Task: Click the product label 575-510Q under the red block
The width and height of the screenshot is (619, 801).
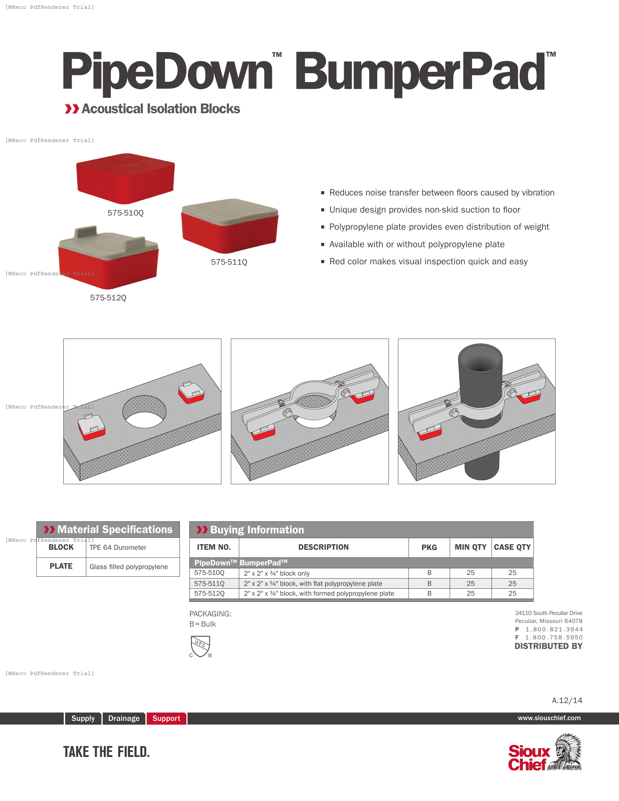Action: [125, 213]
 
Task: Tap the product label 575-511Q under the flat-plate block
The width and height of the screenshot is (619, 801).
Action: [229, 262]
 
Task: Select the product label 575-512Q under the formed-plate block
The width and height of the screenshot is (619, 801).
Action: [108, 297]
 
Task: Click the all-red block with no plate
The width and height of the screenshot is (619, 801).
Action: [125, 179]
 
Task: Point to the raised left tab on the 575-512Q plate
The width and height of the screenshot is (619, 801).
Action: [86, 232]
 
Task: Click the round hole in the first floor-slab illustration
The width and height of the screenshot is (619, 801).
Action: [144, 411]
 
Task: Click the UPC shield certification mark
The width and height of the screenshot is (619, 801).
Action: [200, 646]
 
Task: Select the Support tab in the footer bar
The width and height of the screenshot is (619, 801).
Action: [166, 718]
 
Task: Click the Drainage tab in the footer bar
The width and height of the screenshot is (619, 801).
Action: [123, 718]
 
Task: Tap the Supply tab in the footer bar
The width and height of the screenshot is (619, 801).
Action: [83, 718]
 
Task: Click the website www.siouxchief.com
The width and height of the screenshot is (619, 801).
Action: [549, 718]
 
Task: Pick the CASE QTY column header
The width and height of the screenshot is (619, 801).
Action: [512, 547]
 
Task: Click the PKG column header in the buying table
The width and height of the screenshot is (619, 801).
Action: [429, 547]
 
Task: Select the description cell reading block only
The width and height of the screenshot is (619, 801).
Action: [276, 573]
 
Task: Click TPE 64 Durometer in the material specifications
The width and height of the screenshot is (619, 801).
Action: [118, 547]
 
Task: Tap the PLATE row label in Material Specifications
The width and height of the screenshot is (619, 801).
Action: [61, 566]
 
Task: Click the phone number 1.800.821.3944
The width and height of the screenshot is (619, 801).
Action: [554, 630]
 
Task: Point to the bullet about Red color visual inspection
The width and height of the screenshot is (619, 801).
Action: [428, 261]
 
